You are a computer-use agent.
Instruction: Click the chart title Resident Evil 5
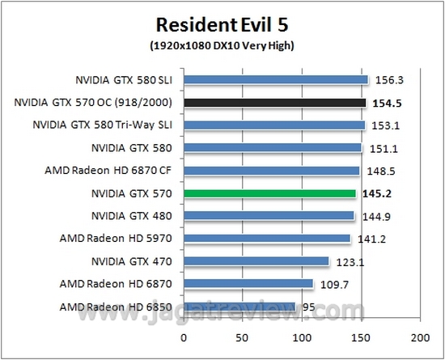pos(222,24)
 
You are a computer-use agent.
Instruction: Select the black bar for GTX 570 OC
pos(275,103)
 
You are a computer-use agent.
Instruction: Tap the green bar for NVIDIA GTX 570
pos(269,193)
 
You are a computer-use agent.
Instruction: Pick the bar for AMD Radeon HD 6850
pos(239,307)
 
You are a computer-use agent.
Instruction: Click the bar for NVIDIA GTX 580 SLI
pos(276,80)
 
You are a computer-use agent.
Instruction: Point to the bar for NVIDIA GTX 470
pos(256,261)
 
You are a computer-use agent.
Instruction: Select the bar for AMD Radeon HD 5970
pos(267,239)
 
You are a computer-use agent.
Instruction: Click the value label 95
pos(307,307)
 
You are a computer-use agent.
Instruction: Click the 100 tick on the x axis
pos(302,335)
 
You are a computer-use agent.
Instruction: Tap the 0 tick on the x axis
pos(184,335)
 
